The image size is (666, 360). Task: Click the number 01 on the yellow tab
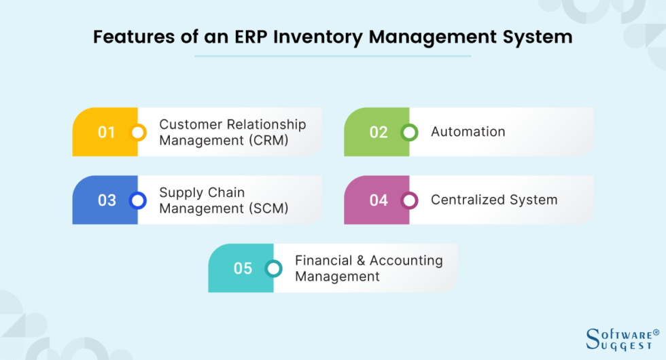[x=107, y=132]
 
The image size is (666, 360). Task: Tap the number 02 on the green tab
[x=379, y=132]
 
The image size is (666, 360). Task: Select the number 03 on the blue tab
[x=107, y=200]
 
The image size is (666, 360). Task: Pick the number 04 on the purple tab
[x=379, y=200]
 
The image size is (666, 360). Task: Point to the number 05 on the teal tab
[x=243, y=268]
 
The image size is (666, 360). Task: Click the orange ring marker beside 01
[x=138, y=132]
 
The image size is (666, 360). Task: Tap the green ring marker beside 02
[x=410, y=132]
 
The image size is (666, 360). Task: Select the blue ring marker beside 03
[x=138, y=200]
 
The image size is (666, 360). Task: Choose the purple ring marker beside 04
[x=410, y=200]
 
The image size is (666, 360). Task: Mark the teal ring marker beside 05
[x=274, y=268]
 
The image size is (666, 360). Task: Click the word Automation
[x=468, y=132]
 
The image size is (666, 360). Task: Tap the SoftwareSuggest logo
[x=622, y=338]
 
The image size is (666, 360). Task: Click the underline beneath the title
[x=332, y=56]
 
